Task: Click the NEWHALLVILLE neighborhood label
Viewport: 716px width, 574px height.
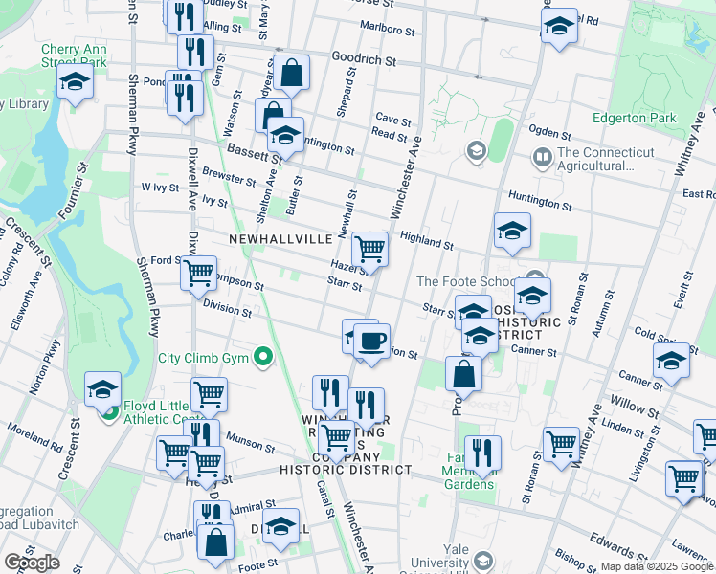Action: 280,237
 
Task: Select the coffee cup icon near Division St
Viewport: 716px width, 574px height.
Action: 371,340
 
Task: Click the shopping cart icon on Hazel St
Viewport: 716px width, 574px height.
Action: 369,249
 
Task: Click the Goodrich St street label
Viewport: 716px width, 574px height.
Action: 364,59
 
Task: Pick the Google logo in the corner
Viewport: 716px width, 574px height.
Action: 32,563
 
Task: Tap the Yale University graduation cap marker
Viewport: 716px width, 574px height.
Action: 483,562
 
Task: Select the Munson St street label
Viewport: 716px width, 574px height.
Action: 251,447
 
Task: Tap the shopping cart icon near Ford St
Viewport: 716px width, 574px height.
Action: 198,273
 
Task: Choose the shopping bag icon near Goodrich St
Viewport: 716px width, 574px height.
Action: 293,72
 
